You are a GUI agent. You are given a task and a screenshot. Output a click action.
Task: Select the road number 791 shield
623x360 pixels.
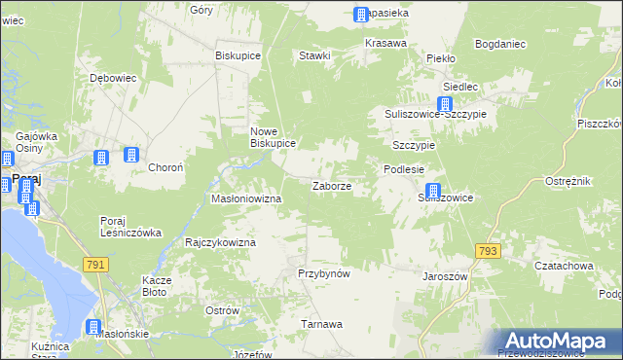coord(94,264)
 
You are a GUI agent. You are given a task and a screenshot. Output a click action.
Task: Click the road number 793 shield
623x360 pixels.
coord(488,251)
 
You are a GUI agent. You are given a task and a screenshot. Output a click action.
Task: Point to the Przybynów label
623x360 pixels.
coord(323,273)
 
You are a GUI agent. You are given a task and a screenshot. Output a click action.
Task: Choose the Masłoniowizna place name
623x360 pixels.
coord(246,198)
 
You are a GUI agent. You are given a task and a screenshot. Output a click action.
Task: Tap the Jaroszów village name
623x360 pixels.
coord(446,276)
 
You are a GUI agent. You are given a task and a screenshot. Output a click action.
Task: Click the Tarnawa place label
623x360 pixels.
coord(321,324)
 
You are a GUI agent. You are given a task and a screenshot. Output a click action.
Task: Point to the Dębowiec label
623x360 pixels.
coord(111,77)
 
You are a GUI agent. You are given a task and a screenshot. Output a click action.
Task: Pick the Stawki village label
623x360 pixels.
coord(315,55)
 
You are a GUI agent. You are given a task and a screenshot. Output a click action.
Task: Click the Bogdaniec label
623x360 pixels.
coord(500,44)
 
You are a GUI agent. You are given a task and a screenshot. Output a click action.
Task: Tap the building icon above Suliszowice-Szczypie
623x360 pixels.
coord(446,105)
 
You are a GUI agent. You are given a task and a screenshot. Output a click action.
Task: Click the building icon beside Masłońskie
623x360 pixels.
coord(93,328)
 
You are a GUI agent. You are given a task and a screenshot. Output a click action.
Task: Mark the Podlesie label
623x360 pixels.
coord(403,168)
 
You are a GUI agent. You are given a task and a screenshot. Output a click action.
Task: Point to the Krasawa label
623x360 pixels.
coord(385,44)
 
